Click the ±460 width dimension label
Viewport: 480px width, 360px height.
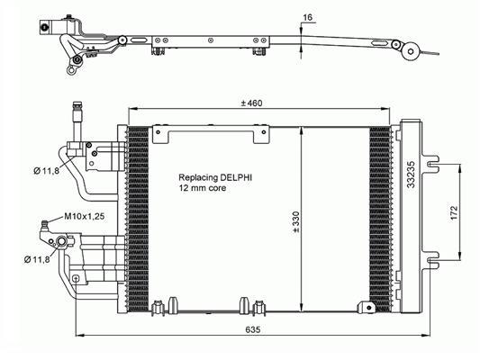[251, 103]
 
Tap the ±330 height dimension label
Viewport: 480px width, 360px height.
[296, 221]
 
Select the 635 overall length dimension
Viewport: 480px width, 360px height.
[253, 329]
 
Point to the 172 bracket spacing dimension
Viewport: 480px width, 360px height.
[454, 212]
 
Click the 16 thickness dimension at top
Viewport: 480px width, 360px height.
[307, 17]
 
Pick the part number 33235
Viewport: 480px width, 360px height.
[412, 175]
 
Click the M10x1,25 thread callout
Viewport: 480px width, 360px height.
[84, 216]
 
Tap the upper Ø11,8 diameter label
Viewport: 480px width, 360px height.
[47, 171]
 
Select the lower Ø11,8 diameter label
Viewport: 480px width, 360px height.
[37, 260]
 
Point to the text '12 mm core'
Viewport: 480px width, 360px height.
[203, 188]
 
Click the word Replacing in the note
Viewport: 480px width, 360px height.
[198, 177]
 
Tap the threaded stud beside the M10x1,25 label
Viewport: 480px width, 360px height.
[45, 226]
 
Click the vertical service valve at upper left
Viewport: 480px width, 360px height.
[77, 121]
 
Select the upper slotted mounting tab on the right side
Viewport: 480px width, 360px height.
[430, 164]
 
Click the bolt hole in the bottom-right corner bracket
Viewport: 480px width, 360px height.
[370, 307]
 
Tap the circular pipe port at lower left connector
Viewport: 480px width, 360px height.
[61, 241]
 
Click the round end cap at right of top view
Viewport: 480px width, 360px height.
[411, 51]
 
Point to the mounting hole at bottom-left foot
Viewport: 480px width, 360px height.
[76, 278]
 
